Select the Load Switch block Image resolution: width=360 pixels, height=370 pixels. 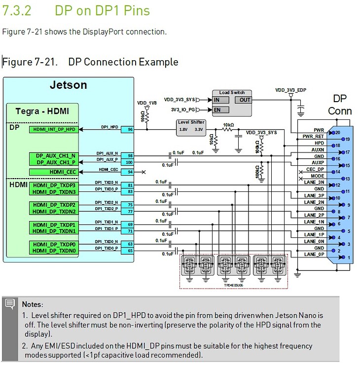pyautogui.click(x=231, y=102)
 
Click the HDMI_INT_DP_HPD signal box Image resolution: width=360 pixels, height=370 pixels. pyautogui.click(x=54, y=129)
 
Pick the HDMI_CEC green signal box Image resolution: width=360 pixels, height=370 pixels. pyautogui.click(x=53, y=172)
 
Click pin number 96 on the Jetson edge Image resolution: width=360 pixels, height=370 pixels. pyautogui.click(x=131, y=130)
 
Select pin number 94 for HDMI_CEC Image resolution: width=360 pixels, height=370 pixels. pyautogui.click(x=131, y=172)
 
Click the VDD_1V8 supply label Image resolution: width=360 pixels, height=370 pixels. pyautogui.click(x=147, y=103)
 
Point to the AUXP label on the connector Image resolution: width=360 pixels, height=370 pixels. pyautogui.click(x=318, y=162)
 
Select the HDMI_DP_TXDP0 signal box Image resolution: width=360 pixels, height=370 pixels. pyautogui.click(x=53, y=244)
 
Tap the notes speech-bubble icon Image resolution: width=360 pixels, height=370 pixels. pyautogui.click(x=9, y=304)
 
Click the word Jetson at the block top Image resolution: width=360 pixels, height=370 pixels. pyautogui.click(x=68, y=85)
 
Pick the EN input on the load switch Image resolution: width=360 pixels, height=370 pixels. pyautogui.click(x=216, y=110)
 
